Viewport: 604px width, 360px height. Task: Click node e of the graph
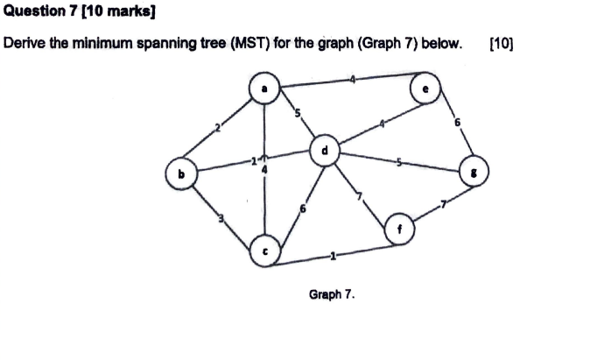click(426, 88)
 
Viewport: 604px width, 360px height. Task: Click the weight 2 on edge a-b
click(220, 129)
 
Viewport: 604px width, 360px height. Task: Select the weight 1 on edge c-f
click(333, 257)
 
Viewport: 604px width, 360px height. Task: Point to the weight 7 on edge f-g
click(443, 204)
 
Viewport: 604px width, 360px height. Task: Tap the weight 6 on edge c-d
click(303, 209)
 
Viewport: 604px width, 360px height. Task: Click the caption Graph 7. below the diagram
click(332, 294)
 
